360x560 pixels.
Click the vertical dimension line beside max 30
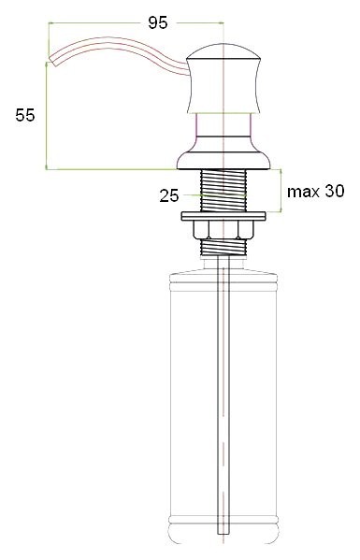[284, 192]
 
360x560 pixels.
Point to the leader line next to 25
[191, 195]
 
